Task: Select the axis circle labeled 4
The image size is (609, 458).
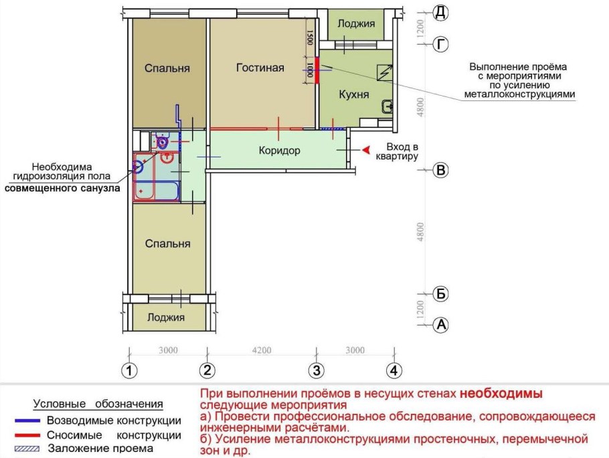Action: pos(395,370)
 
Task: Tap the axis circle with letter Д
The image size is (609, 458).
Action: pos(440,12)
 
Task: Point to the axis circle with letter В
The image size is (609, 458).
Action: pos(440,170)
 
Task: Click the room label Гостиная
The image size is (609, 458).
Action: pos(260,68)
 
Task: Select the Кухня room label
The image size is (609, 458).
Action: pos(354,94)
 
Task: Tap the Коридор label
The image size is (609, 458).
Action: pos(279,150)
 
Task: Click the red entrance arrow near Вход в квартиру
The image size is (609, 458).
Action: pos(365,151)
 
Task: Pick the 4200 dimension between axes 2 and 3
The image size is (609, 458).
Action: pos(262,350)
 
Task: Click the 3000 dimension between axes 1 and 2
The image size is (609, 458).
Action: pos(168,350)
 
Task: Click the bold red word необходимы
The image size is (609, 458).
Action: pos(502,393)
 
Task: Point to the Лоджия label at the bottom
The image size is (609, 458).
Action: pos(166,317)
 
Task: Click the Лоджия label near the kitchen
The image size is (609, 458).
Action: pos(356,24)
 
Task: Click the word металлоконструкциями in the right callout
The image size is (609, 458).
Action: pos(519,95)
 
